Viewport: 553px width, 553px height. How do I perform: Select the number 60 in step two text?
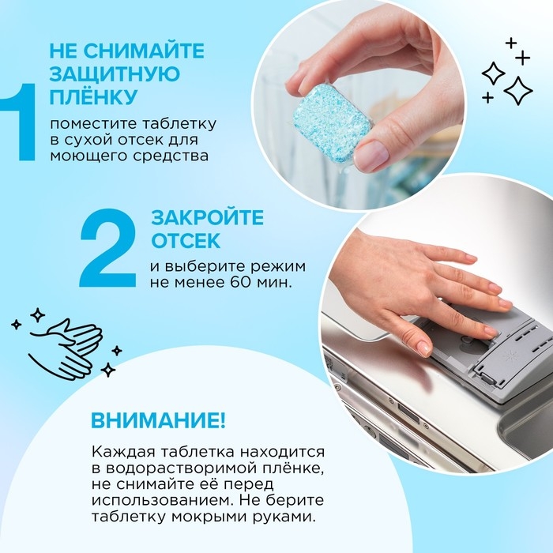click(237, 282)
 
